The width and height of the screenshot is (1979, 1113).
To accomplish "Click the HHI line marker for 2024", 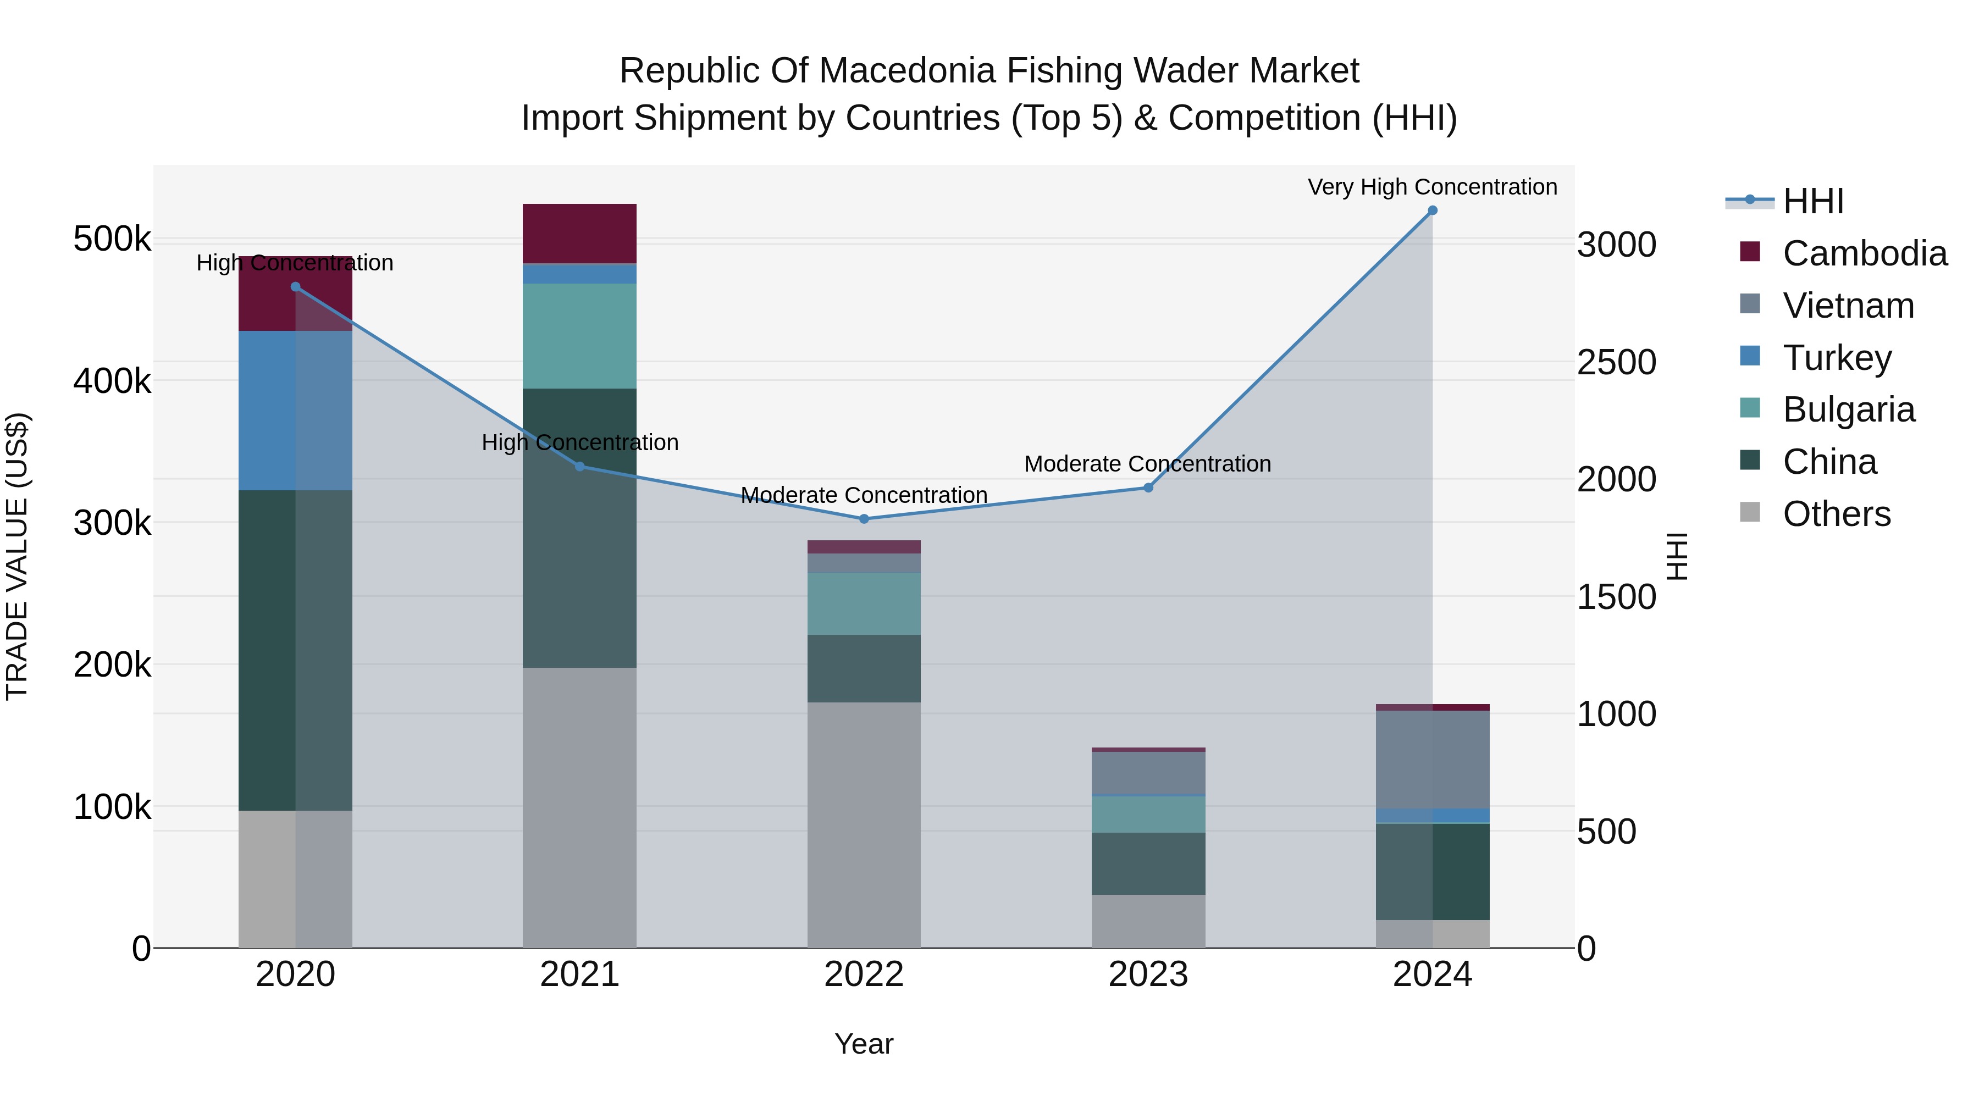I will [1432, 211].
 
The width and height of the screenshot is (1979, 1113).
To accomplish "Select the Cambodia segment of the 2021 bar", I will [579, 234].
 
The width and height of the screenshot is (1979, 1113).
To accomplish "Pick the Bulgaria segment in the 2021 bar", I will [579, 336].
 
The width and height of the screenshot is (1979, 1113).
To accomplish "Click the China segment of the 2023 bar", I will [1148, 863].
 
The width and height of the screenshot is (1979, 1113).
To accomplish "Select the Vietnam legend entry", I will [1848, 305].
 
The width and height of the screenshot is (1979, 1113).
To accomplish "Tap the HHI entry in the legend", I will [1813, 201].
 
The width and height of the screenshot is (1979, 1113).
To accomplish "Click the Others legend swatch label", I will [1836, 514].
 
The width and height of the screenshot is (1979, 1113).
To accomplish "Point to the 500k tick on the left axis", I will [112, 239].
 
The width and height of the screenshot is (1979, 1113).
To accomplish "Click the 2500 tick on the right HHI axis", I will [1616, 363].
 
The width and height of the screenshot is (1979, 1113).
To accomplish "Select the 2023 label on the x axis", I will [1148, 974].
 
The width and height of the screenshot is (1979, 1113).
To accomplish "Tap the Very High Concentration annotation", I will [1432, 187].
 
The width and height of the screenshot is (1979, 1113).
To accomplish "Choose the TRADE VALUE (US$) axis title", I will [17, 556].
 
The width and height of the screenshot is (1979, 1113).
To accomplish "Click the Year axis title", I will [864, 1044].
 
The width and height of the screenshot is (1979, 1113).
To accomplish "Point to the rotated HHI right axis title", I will [1677, 556].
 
